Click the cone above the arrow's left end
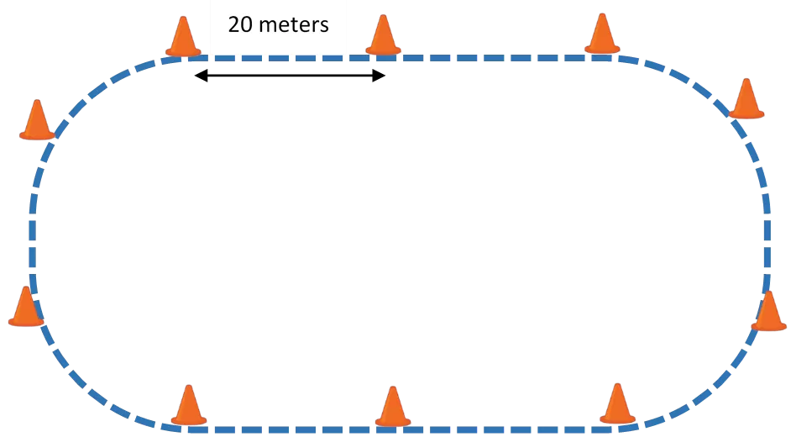183,36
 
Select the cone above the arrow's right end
383,34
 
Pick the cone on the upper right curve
746,98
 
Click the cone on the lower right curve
768,311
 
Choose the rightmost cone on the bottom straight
617,403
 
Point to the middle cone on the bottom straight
392,407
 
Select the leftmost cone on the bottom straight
189,405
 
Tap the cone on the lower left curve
26,306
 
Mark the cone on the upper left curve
37,119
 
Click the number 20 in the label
240,24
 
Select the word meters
294,25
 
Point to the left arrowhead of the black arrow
201,76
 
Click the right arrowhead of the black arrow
380,76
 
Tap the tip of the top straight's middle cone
383,15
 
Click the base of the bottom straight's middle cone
392,422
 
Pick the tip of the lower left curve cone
25,287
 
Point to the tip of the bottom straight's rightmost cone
617,384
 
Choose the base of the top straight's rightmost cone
602,49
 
